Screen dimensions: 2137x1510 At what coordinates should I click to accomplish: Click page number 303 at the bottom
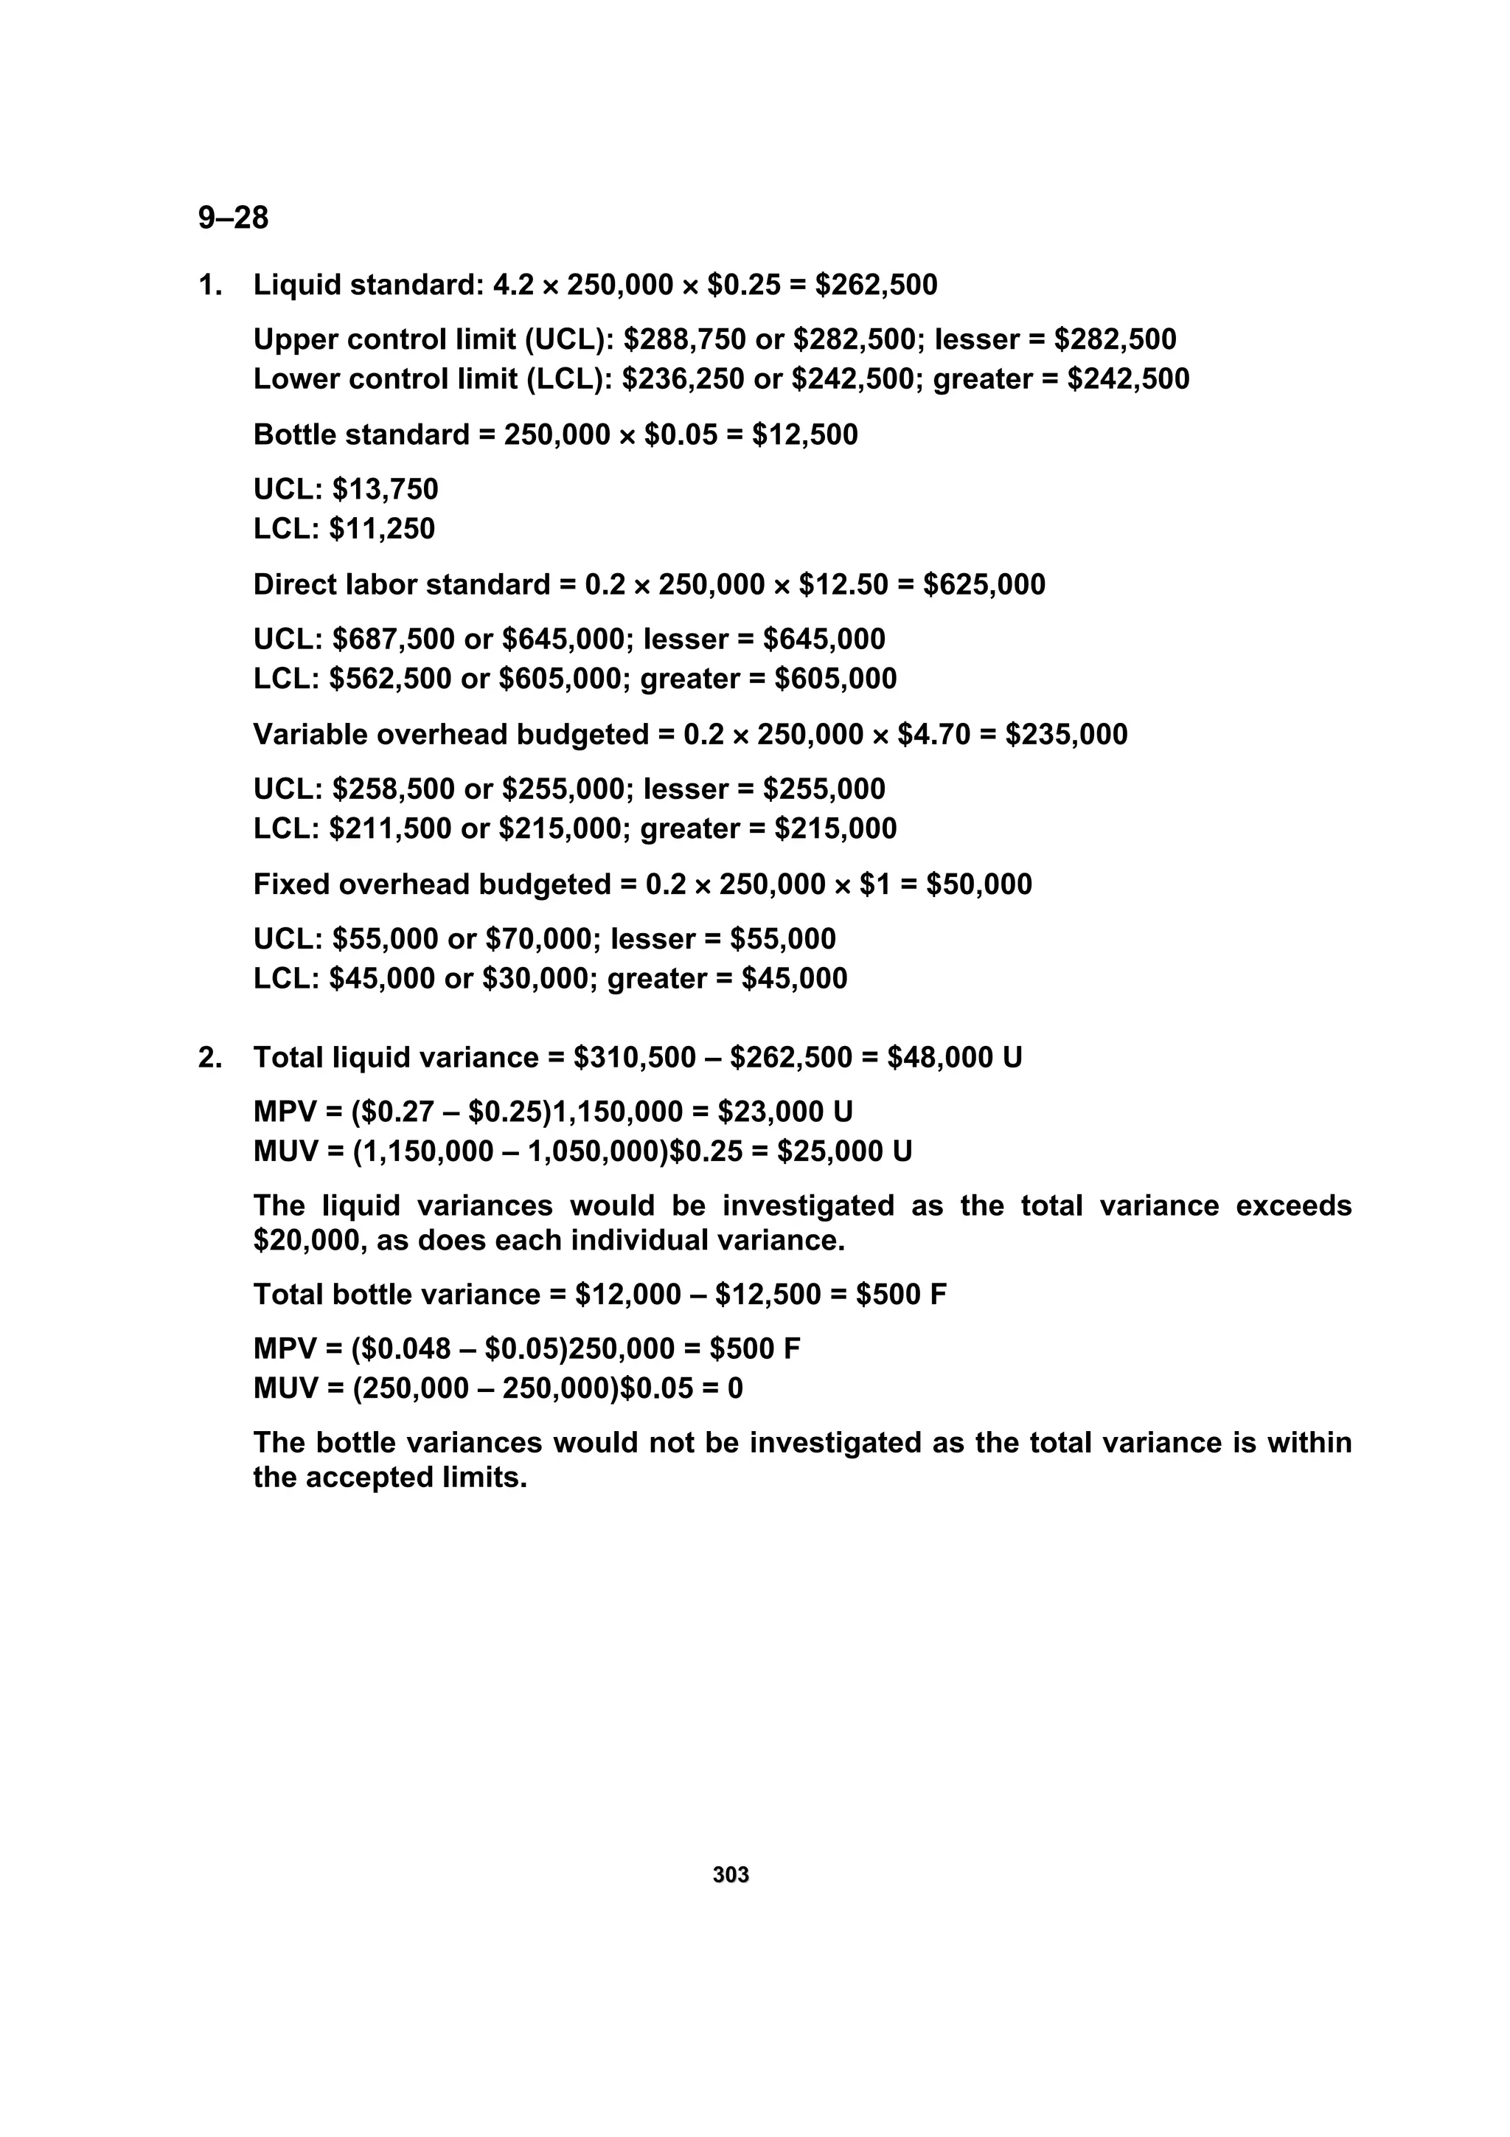tap(731, 1874)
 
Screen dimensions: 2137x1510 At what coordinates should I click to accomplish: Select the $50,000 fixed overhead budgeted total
tap(978, 884)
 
